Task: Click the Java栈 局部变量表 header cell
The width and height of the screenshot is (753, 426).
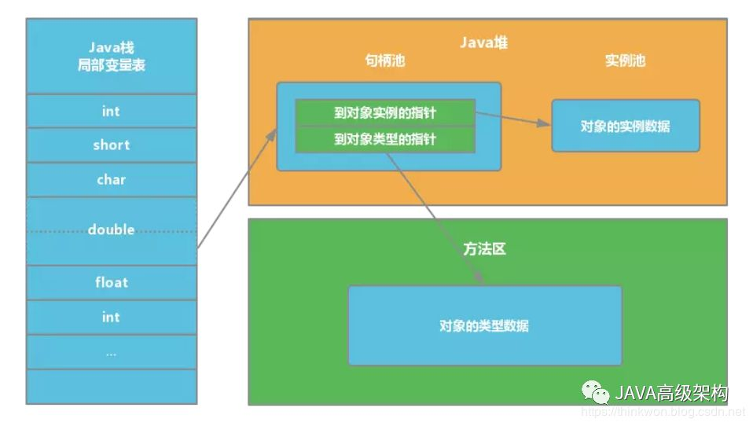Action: pos(112,56)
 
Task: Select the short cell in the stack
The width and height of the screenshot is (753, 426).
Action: pos(112,145)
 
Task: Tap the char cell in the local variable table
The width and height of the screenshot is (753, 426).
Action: pos(112,180)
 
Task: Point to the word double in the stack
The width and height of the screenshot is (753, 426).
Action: pos(111,230)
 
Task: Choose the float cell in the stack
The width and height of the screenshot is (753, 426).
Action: pos(112,282)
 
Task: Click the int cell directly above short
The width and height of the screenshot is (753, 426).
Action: pos(112,111)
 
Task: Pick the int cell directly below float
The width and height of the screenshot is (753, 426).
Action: pos(112,317)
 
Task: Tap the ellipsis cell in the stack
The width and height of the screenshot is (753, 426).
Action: pos(112,352)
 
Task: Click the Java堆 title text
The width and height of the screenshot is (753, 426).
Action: pos(483,42)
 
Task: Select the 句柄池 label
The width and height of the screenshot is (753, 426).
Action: pos(384,61)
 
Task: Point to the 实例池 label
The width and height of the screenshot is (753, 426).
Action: pos(625,61)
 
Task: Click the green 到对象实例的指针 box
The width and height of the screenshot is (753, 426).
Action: pos(385,113)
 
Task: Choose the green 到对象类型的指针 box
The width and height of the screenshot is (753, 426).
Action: pos(385,140)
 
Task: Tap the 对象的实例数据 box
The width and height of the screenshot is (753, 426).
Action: pos(625,126)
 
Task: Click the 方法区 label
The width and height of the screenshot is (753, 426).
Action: pos(484,249)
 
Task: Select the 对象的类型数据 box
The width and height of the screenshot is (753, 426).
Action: pos(485,325)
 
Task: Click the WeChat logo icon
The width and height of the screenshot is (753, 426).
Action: pos(596,392)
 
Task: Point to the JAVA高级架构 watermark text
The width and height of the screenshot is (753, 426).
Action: pos(671,393)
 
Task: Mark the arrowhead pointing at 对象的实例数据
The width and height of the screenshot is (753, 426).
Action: pos(544,123)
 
